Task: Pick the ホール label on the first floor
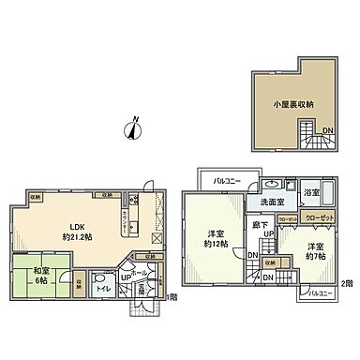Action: pos(141,273)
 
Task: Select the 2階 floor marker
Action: pos(346,282)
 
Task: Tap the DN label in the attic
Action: pos(327,130)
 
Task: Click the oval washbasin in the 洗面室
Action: pos(270,184)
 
